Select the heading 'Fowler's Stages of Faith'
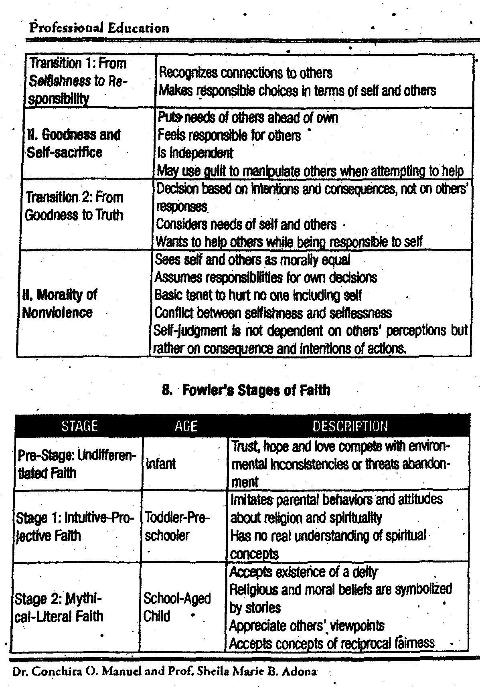(256, 390)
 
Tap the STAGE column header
(79, 426)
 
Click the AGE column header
(186, 426)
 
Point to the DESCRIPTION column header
(350, 426)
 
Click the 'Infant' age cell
(161, 464)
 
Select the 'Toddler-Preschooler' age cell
(177, 526)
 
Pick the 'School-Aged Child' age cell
(177, 607)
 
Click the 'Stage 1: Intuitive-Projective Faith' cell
(75, 527)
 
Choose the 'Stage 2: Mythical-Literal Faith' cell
(59, 607)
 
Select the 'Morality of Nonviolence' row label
(59, 304)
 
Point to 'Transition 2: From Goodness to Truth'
(74, 206)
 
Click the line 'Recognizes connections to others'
(245, 73)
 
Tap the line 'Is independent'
(195, 153)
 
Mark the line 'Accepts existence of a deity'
(303, 572)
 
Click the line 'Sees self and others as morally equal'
(253, 260)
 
